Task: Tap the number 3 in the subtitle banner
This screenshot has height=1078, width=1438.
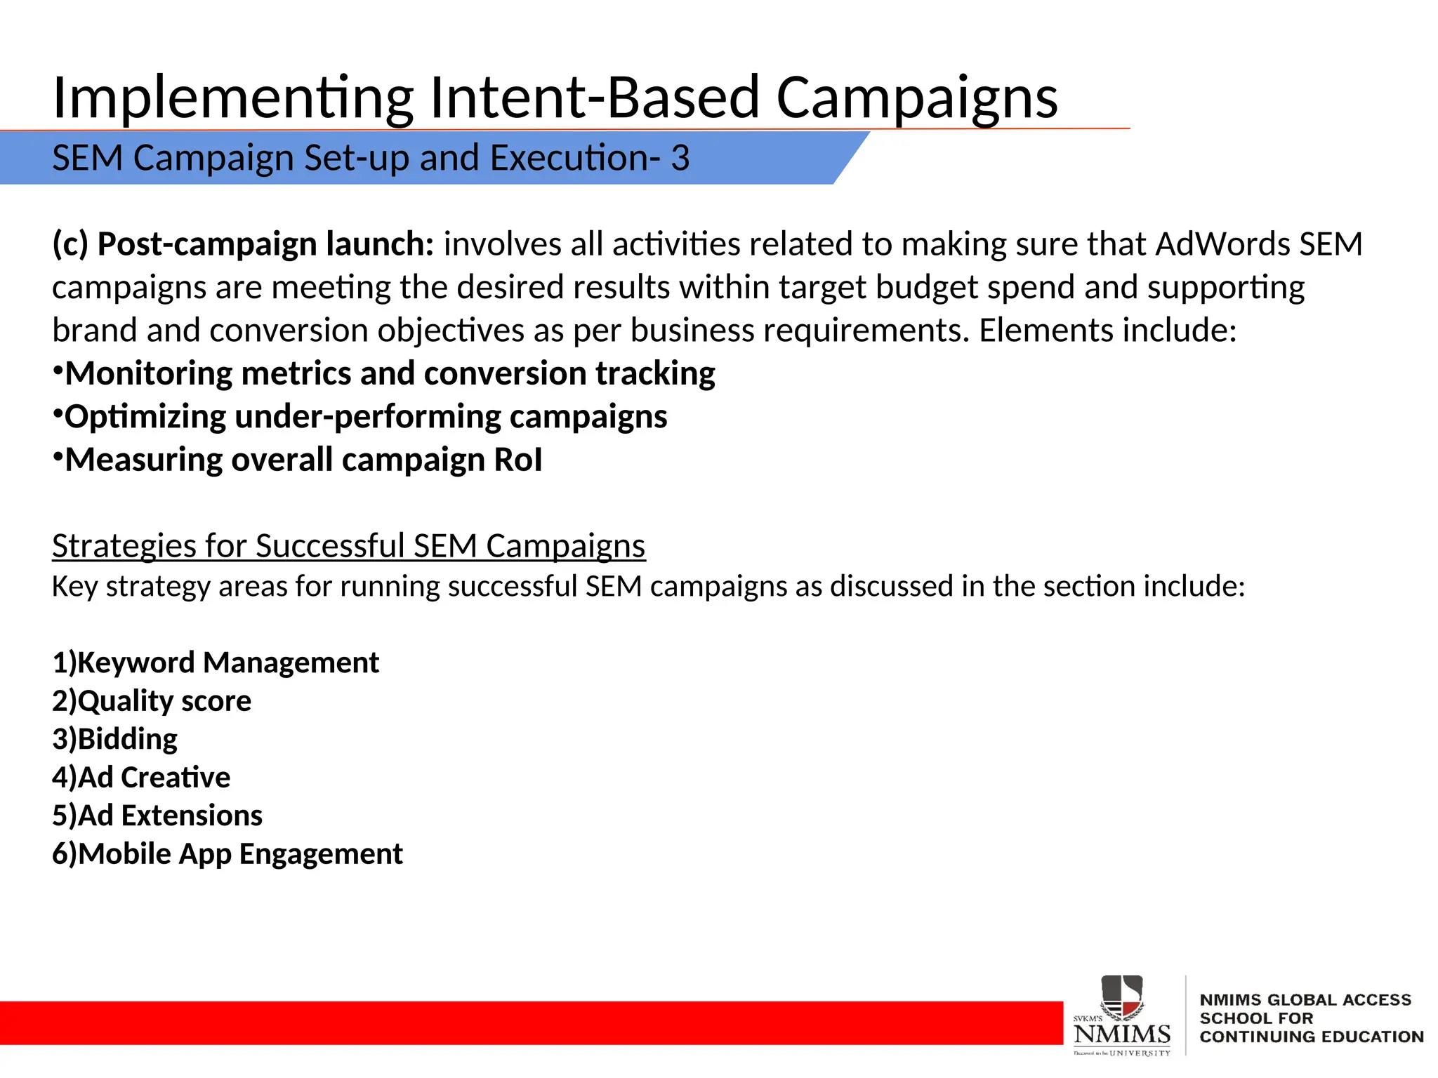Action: (x=680, y=158)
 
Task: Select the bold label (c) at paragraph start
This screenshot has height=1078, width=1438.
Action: (x=70, y=244)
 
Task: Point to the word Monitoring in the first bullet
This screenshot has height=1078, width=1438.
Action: (x=148, y=373)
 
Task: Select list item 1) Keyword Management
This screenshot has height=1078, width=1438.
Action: (x=216, y=663)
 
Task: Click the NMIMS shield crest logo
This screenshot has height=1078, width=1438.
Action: (x=1121, y=997)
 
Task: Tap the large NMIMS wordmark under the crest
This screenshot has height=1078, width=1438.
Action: (x=1121, y=1034)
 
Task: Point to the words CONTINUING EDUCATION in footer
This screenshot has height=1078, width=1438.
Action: (x=1311, y=1037)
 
